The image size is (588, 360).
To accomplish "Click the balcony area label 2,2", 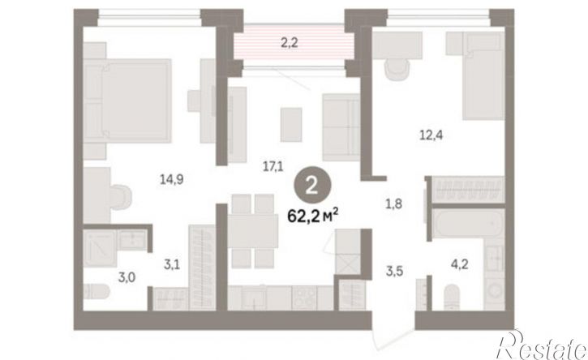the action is click(x=289, y=43).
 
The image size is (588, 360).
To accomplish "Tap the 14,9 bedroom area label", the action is click(x=171, y=180).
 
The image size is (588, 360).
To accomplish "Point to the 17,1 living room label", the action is click(x=273, y=166).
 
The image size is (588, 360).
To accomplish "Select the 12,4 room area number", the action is click(x=431, y=135).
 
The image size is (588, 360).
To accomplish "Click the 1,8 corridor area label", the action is click(x=393, y=204).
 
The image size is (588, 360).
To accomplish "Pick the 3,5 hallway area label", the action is click(x=394, y=270).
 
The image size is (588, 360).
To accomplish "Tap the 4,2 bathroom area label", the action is click(x=459, y=265).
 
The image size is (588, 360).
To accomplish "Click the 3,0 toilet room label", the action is click(x=127, y=278).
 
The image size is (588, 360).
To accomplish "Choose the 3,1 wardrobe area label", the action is click(x=172, y=265).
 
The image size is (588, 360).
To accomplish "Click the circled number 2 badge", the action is click(x=311, y=186).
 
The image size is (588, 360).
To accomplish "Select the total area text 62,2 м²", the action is click(x=313, y=216).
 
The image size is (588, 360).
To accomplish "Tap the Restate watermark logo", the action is click(x=542, y=345).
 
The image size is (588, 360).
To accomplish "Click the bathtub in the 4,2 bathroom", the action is click(x=469, y=224).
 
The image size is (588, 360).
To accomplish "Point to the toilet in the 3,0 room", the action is click(x=96, y=291).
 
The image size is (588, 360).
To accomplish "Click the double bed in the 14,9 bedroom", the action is click(x=127, y=101).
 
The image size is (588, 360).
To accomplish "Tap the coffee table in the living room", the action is click(x=291, y=125).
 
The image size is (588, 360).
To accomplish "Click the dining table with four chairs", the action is click(x=253, y=231).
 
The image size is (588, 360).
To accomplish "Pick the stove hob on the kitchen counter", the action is click(x=304, y=298).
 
